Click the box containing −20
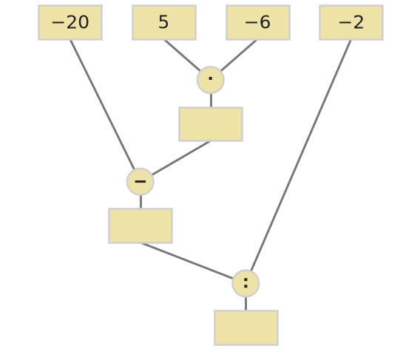(70, 23)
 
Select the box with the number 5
(164, 23)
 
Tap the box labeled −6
(258, 23)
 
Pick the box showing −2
(351, 23)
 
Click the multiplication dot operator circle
(211, 80)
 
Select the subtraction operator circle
(140, 182)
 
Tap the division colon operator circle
(245, 283)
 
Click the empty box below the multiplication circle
(211, 124)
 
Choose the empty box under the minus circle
(140, 226)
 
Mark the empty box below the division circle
(246, 328)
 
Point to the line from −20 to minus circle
(102, 105)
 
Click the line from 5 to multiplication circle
(182, 55)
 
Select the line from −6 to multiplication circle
(239, 55)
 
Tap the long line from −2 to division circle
(301, 155)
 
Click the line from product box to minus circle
(181, 158)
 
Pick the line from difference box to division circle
(187, 261)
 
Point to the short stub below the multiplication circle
(211, 101)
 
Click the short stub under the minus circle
(140, 202)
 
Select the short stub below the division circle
(246, 304)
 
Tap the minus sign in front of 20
(58, 23)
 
